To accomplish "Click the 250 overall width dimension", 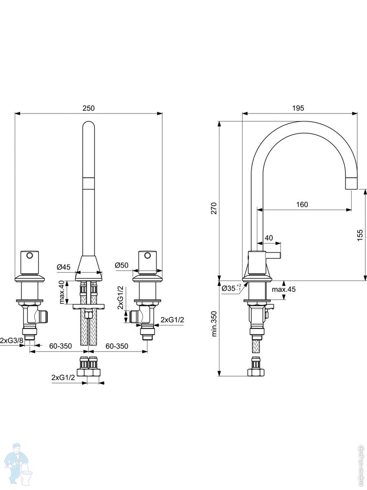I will click(88, 108).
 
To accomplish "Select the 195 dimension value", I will click(298, 108).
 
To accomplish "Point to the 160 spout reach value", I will click(302, 205).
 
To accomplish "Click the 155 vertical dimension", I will click(360, 235).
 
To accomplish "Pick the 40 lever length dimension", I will click(269, 238).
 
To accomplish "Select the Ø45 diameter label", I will click(64, 267).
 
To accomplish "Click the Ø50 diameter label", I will click(122, 265).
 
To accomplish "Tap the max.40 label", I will click(62, 292).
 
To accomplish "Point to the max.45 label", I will click(284, 290).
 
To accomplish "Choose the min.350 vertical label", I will click(214, 324).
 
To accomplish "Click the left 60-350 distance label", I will click(60, 346).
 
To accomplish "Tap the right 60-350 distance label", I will click(117, 346).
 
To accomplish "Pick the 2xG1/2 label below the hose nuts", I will click(63, 378).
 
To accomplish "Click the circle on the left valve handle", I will click(29, 256).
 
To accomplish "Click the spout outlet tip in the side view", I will click(352, 184).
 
